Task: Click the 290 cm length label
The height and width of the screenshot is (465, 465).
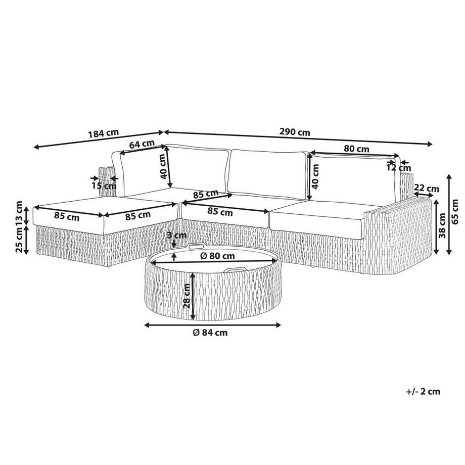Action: click(x=295, y=133)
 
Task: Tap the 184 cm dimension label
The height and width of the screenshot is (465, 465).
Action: click(x=103, y=134)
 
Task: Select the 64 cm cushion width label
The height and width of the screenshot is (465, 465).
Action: click(x=142, y=144)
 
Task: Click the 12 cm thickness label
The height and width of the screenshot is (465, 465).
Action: click(x=398, y=168)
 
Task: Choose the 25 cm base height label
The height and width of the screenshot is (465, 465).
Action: click(x=19, y=239)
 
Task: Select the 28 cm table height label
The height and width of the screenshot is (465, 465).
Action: click(x=187, y=296)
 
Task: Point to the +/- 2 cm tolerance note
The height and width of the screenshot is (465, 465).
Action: click(x=423, y=391)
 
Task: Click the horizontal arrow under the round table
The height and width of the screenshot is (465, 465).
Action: click(x=212, y=325)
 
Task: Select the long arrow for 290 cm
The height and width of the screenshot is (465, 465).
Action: click(x=298, y=138)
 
